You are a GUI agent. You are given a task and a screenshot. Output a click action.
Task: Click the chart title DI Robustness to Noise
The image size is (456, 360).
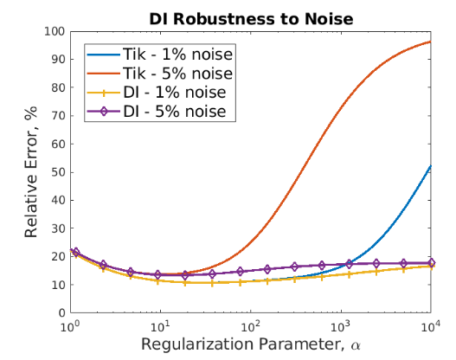[x=251, y=19]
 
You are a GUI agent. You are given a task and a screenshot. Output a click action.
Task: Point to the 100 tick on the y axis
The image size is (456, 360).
[x=55, y=31]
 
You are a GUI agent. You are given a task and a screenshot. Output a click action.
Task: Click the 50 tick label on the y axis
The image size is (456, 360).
[x=58, y=172]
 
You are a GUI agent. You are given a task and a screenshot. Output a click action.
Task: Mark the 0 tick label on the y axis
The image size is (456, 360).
[x=61, y=313]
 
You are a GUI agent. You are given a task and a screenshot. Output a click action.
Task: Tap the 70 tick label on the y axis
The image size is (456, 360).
[x=58, y=116]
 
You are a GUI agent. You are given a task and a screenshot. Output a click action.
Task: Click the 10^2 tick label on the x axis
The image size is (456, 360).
[x=250, y=326]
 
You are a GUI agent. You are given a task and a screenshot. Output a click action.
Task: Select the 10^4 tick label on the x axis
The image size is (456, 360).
[x=430, y=326]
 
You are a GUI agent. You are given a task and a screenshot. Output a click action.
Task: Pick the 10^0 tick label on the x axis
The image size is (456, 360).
[x=70, y=326]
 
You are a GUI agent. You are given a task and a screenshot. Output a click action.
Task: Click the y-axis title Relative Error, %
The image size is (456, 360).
[x=31, y=172]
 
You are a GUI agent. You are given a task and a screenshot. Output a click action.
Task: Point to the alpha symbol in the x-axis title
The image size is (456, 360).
[x=356, y=346]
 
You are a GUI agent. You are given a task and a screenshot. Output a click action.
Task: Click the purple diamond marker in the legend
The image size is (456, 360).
[x=104, y=112]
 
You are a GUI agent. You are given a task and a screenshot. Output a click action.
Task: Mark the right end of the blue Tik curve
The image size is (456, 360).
[x=431, y=166]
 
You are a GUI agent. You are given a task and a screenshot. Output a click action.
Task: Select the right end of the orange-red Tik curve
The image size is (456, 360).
[x=431, y=42]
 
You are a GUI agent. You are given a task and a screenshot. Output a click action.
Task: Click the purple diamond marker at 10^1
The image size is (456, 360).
[x=157, y=274]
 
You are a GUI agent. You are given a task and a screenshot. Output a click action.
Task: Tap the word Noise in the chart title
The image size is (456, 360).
[x=329, y=19]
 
